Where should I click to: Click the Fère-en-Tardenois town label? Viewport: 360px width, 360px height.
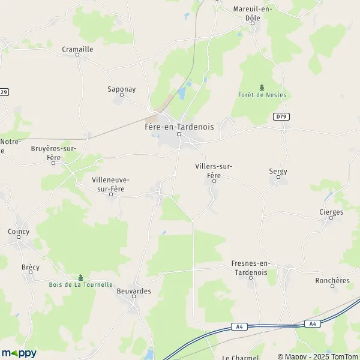tap(179, 127)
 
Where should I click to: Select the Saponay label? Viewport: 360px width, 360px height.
tap(121, 89)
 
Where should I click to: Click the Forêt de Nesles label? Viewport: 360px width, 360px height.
tap(262, 95)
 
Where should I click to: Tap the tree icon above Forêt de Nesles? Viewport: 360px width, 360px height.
tap(262, 86)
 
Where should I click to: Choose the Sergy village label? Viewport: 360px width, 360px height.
tap(278, 171)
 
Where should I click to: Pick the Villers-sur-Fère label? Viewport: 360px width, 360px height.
tap(214, 170)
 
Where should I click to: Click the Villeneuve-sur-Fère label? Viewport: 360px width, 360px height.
tap(110, 184)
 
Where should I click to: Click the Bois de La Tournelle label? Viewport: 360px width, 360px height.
tap(80, 284)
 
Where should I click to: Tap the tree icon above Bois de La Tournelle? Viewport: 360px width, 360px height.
tap(80, 277)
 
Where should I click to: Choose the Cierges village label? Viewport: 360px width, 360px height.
tap(331, 212)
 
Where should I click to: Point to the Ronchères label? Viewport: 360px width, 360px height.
tap(332, 280)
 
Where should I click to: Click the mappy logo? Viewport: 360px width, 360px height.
tap(19, 353)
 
